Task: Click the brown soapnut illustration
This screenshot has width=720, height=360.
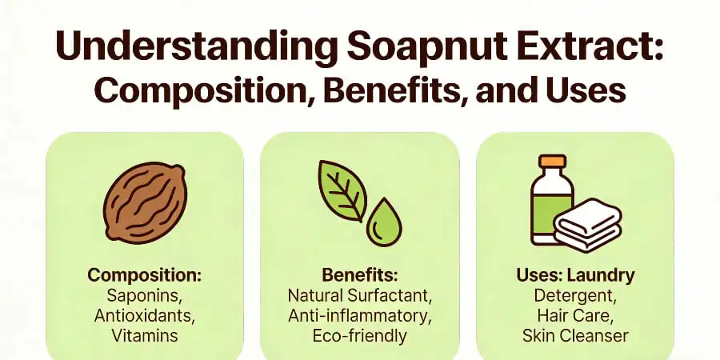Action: click(x=144, y=203)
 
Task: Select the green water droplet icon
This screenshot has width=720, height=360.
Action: click(x=383, y=222)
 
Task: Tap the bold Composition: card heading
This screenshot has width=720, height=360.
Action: click(x=144, y=275)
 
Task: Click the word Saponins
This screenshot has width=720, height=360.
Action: click(x=144, y=295)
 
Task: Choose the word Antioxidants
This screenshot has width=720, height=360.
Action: click(x=144, y=315)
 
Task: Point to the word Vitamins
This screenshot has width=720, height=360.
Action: click(x=144, y=335)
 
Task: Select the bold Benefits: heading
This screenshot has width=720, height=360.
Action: click(x=359, y=275)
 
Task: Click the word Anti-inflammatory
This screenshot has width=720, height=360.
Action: click(x=359, y=315)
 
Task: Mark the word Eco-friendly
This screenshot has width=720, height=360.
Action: click(x=359, y=335)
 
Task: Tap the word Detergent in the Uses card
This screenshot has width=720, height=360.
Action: click(x=574, y=295)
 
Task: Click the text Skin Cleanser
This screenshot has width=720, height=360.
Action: click(x=574, y=335)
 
